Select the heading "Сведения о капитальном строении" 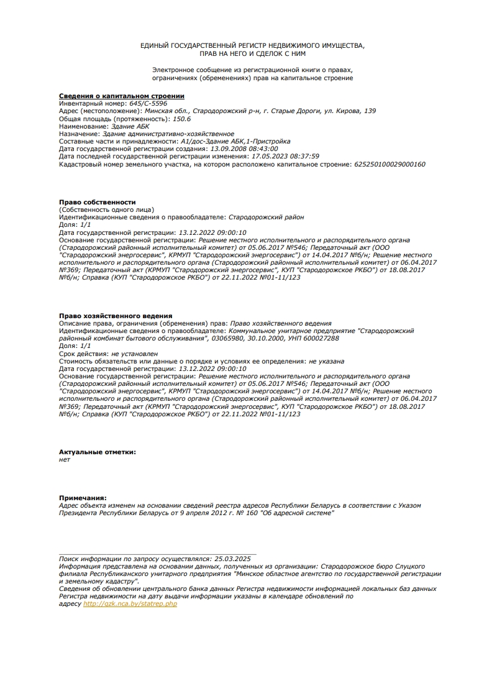(121, 96)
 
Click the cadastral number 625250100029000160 (390, 164)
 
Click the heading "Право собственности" (97, 203)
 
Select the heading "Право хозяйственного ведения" (116, 316)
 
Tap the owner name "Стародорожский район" (267, 217)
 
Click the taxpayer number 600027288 (317, 338)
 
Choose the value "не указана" (326, 361)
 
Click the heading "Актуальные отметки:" (97, 452)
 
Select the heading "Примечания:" (83, 498)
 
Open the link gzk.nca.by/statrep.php (130, 603)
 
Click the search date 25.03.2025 (232, 559)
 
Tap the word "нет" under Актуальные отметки (65, 460)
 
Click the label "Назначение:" (80, 134)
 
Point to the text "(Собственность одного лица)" (106, 210)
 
